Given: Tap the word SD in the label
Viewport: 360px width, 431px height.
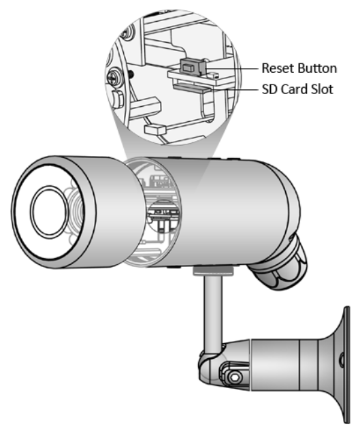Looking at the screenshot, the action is pos(269,89).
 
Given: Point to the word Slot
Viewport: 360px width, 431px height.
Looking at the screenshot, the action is pos(322,89).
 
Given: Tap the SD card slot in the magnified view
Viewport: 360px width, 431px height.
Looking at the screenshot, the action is pos(192,88).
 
